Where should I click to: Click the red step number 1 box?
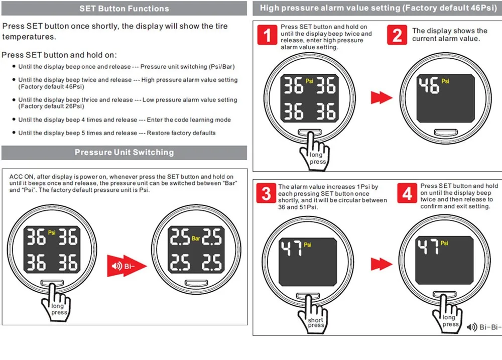point(268,36)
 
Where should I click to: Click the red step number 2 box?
point(397,36)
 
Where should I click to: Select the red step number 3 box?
point(267,193)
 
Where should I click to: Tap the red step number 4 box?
point(407,193)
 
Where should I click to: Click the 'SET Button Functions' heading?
point(124,9)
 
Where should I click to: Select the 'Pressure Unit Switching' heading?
point(124,152)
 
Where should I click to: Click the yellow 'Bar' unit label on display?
point(196,238)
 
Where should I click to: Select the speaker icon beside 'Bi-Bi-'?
point(472,327)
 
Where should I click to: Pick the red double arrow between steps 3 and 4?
point(381,263)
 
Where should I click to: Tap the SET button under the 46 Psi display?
point(444,133)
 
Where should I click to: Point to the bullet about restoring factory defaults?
point(116,133)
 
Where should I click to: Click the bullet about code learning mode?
point(124,120)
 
